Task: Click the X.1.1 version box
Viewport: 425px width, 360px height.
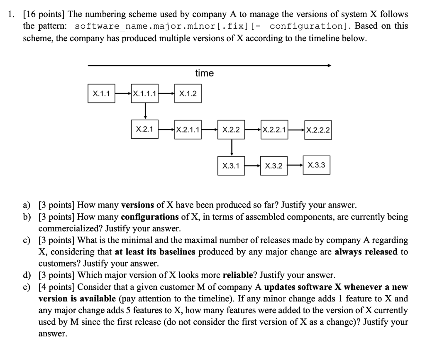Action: [x=101, y=93]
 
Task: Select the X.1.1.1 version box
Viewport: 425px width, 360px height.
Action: [x=144, y=93]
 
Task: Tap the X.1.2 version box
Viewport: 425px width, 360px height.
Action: [x=188, y=93]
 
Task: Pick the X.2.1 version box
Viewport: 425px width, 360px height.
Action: [x=144, y=129]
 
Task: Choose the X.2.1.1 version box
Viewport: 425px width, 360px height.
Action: [x=188, y=130]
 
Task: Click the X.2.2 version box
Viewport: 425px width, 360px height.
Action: [x=231, y=130]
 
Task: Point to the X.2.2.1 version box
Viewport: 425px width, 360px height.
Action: [x=274, y=130]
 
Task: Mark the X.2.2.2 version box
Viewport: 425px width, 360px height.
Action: [x=318, y=130]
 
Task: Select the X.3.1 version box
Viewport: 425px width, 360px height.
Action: [x=231, y=166]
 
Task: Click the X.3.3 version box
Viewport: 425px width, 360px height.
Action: [x=317, y=165]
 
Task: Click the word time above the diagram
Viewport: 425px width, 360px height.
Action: [x=204, y=73]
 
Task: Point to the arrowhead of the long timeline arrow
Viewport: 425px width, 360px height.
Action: [x=329, y=65]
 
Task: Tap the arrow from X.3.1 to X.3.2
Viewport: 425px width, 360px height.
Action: [x=252, y=166]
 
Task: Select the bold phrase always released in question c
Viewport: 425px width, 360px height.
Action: [x=366, y=252]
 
